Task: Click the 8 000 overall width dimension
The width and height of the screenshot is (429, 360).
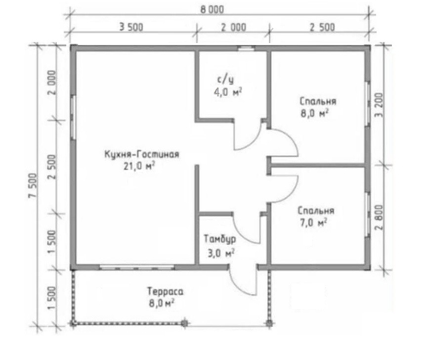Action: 212,10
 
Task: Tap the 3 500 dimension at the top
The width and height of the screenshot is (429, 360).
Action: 131,27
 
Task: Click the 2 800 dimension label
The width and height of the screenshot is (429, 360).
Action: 380,218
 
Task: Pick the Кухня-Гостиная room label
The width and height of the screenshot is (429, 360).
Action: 142,154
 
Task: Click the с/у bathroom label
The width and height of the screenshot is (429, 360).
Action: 225,80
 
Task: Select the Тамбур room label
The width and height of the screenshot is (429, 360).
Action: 220,239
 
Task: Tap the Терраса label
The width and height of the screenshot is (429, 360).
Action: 165,291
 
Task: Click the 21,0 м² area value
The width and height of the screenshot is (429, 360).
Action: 139,166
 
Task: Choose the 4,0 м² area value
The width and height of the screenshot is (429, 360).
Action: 228,92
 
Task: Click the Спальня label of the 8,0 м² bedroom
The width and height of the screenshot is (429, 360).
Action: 318,101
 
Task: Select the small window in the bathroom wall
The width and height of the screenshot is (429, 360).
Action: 246,48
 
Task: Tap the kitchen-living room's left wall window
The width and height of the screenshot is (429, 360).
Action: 73,118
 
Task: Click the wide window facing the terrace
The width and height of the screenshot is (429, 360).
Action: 137,267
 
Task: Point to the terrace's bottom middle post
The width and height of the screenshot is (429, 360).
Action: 185,323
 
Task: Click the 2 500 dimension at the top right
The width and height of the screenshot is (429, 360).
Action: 322,27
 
